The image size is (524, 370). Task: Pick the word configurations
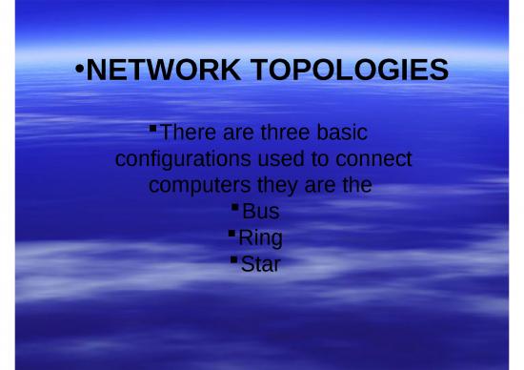tap(180, 157)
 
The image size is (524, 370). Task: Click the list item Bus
tap(260, 210)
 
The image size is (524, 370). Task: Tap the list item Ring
tap(260, 236)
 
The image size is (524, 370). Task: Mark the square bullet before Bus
tap(235, 205)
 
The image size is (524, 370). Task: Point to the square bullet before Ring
tap(232, 232)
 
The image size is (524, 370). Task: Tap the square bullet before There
tap(155, 127)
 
